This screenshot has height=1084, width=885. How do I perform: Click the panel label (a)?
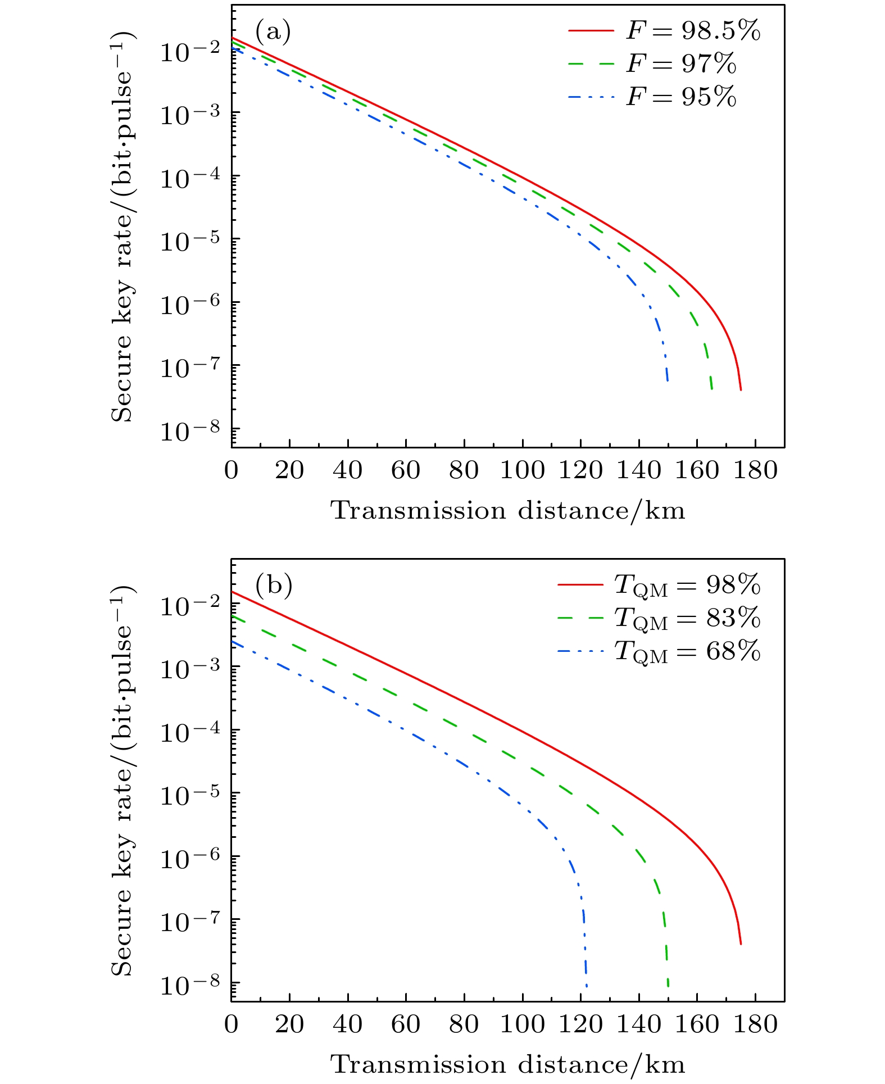(273, 32)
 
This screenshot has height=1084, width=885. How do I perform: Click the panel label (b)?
(274, 586)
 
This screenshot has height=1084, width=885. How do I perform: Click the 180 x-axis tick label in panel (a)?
(755, 470)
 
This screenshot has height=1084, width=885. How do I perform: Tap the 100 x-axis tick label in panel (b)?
(522, 1024)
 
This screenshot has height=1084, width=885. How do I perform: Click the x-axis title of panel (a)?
(508, 511)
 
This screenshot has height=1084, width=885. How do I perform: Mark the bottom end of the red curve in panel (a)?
(741, 389)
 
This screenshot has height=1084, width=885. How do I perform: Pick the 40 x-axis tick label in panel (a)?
(348, 470)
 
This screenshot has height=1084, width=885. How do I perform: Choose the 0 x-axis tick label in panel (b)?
(232, 1024)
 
